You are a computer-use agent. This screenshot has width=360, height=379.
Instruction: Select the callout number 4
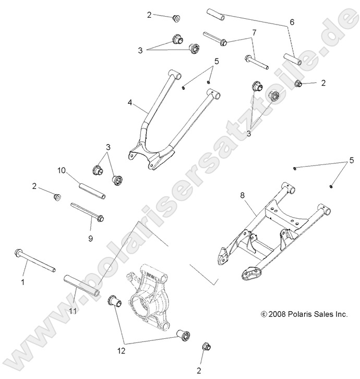coord(129,103)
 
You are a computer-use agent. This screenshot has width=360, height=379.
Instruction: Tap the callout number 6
coord(292,22)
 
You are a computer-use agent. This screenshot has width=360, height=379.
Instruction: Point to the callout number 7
coord(254,33)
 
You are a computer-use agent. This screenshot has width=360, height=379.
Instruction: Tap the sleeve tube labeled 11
coord(82,285)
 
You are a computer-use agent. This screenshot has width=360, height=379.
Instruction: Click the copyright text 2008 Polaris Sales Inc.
coord(304,314)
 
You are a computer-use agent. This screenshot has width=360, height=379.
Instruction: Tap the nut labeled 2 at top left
coord(176,19)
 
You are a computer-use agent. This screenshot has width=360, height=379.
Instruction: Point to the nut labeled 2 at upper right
coord(299,84)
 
